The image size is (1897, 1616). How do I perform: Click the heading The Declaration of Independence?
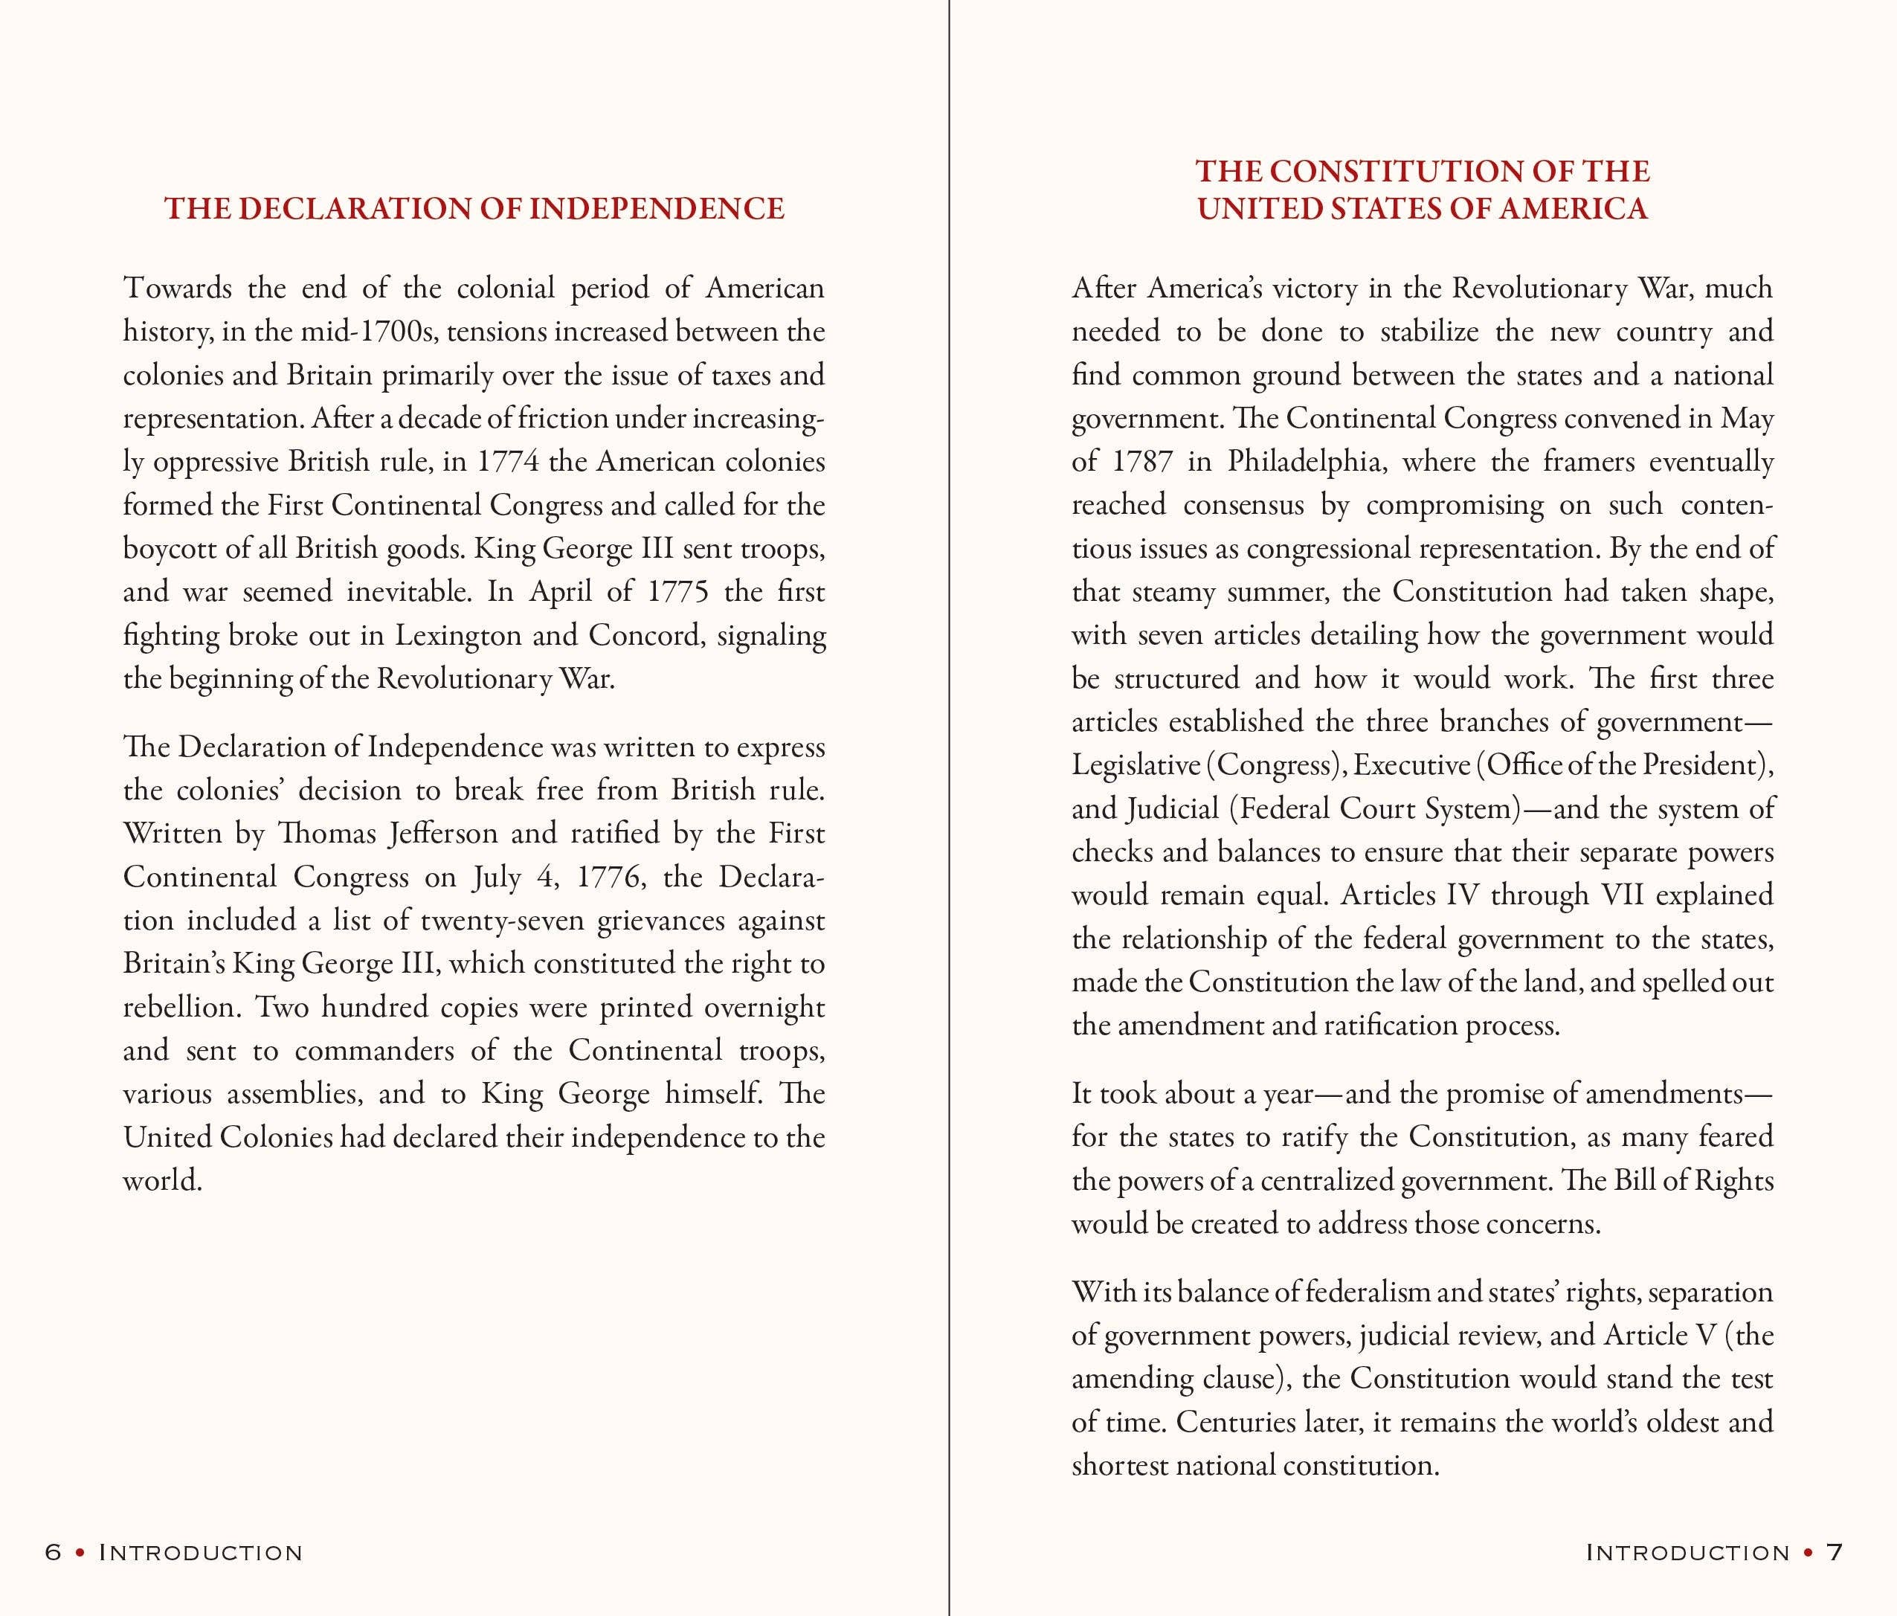474,209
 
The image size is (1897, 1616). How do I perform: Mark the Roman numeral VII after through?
1627,895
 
